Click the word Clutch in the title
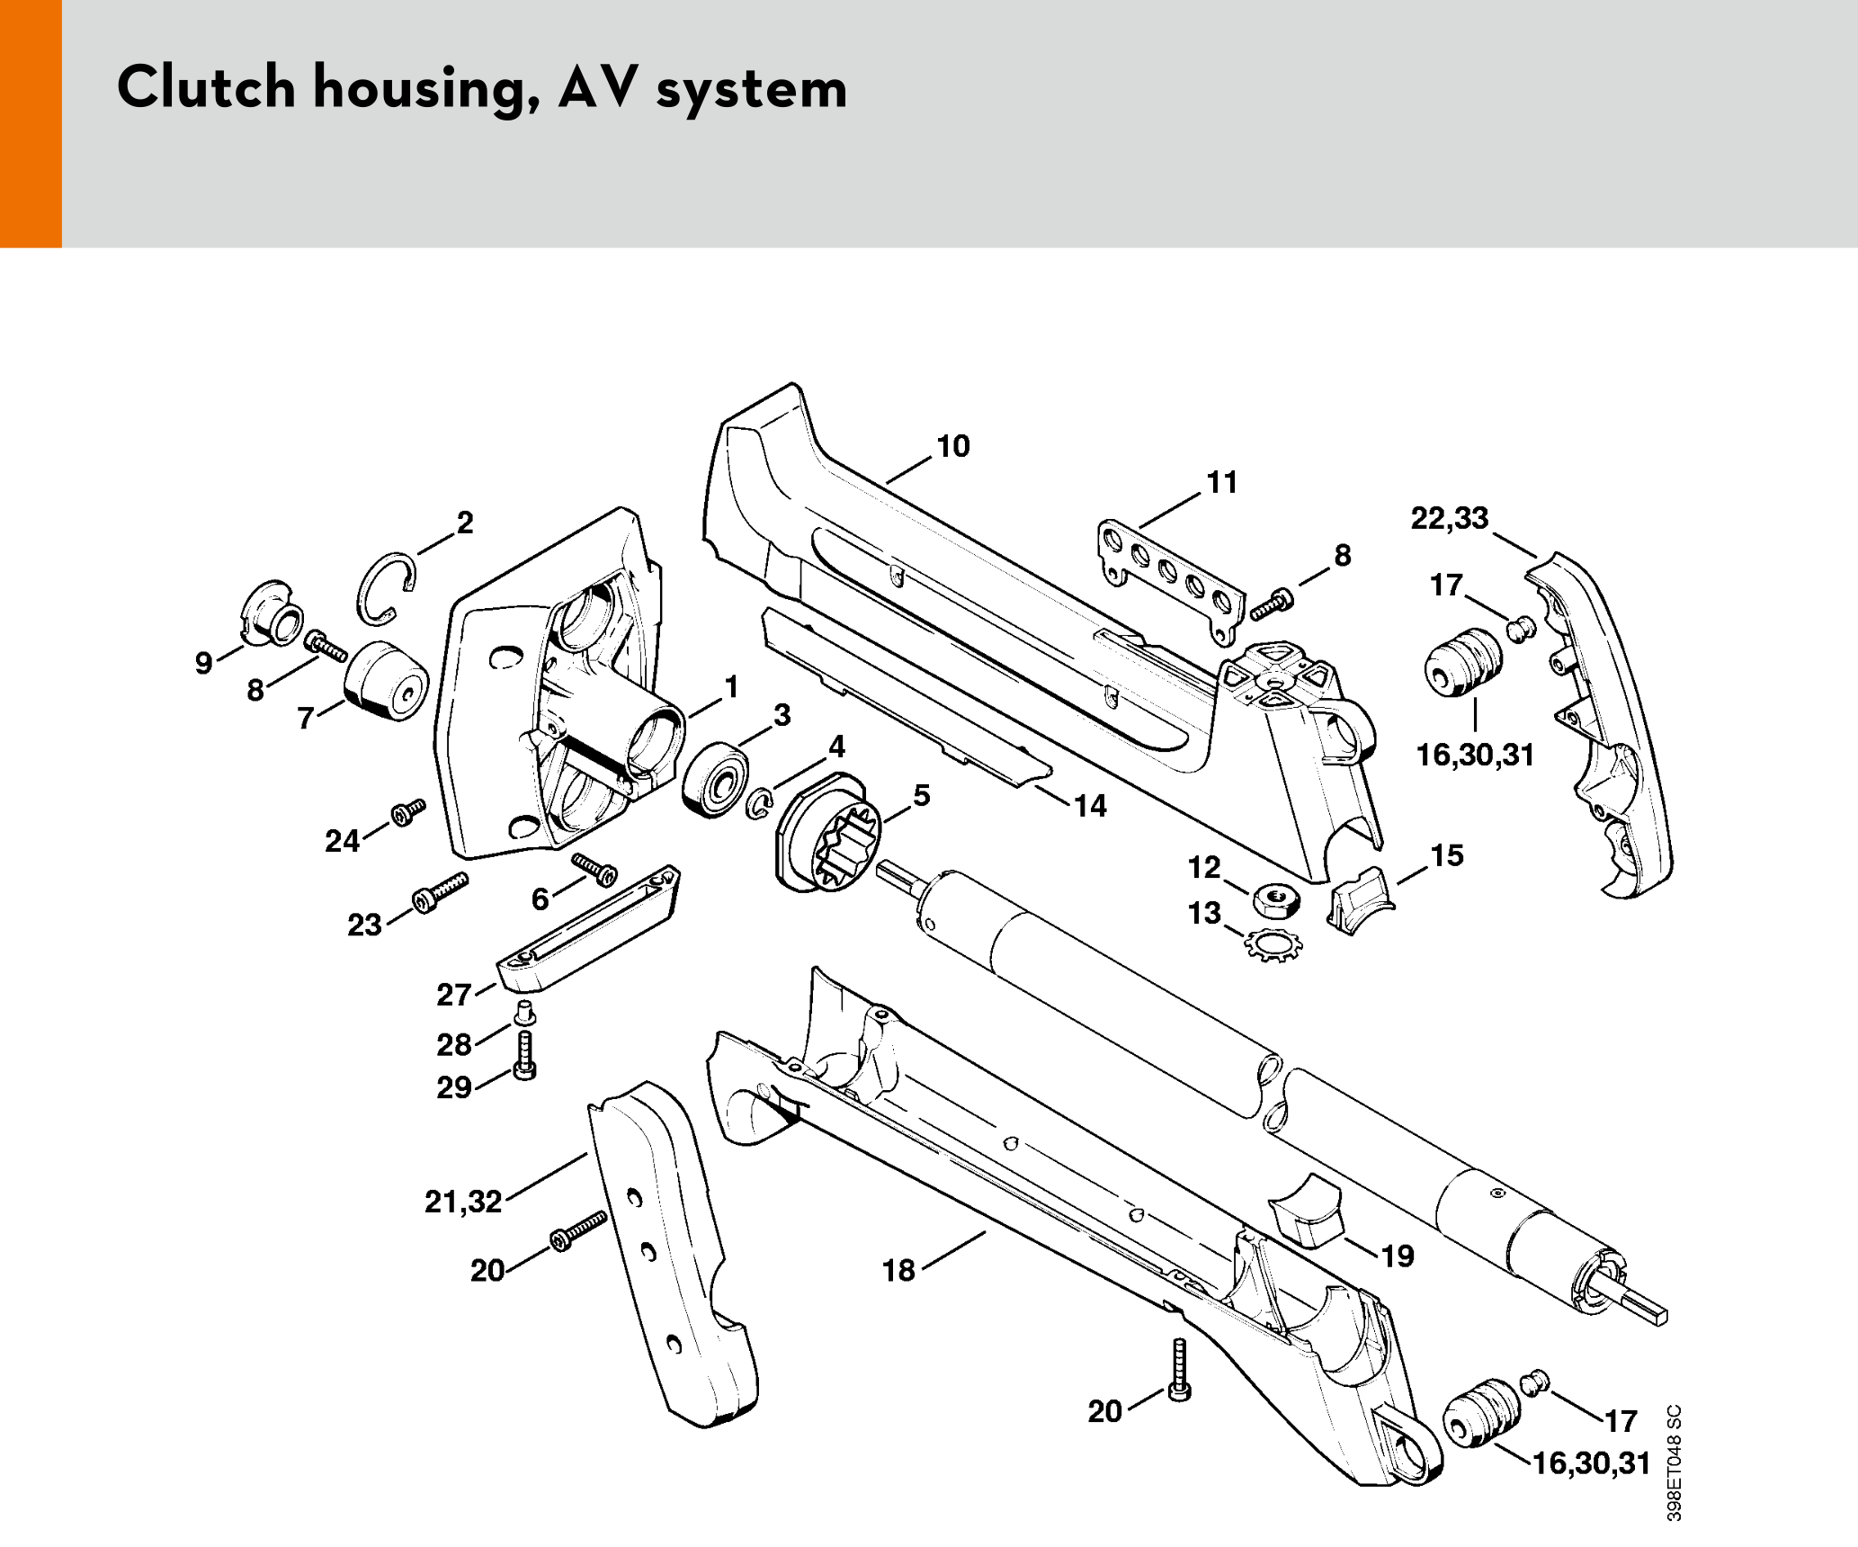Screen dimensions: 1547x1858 tap(206, 88)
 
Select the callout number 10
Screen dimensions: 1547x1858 tap(953, 446)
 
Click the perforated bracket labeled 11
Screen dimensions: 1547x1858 tap(1169, 576)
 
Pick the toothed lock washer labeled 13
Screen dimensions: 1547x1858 tap(1273, 944)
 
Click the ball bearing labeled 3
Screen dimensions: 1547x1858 tap(715, 780)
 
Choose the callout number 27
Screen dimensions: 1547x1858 tap(453, 995)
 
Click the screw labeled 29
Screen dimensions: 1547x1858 tap(525, 1054)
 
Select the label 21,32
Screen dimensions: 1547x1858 tap(463, 1202)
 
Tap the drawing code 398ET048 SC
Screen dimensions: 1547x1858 tap(1674, 1462)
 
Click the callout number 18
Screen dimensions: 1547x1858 tap(898, 1270)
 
